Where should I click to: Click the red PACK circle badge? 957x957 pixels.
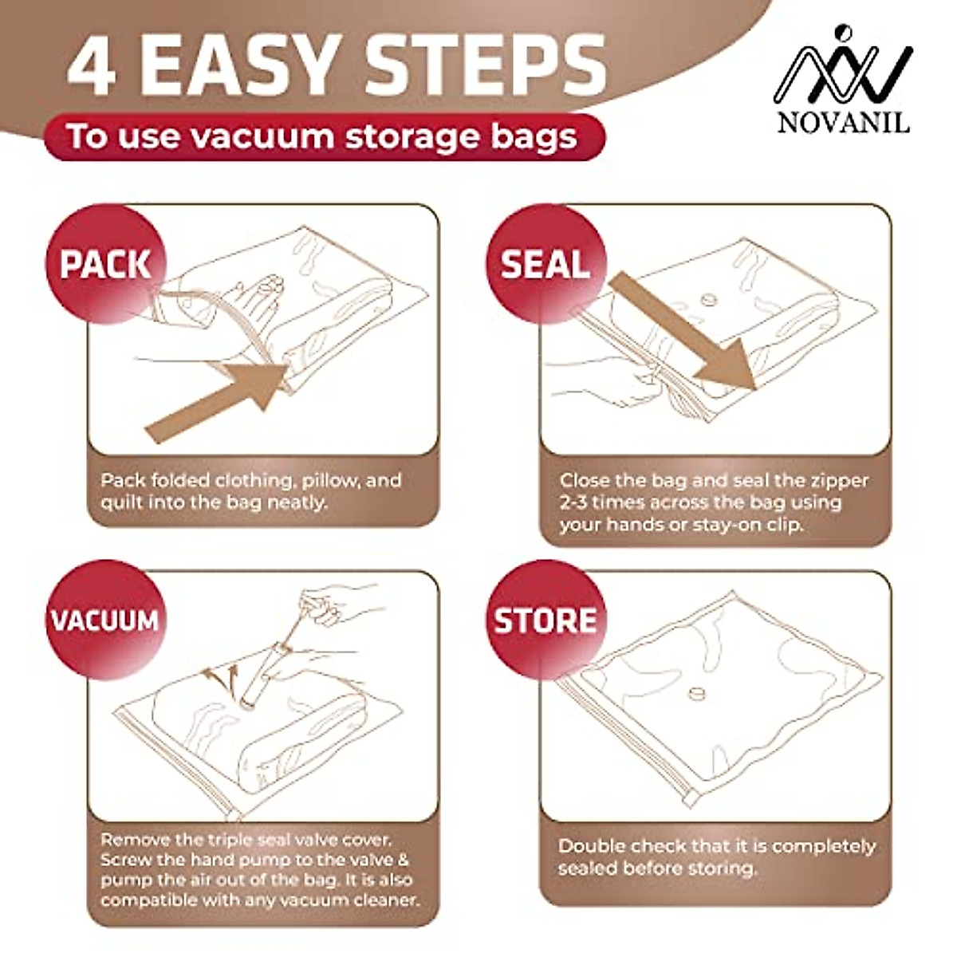[106, 264]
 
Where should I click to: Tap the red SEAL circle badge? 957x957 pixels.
[545, 264]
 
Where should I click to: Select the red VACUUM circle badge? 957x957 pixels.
[106, 620]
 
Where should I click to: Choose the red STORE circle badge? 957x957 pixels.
[545, 620]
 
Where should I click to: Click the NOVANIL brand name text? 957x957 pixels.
[843, 122]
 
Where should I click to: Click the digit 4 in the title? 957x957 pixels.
[92, 65]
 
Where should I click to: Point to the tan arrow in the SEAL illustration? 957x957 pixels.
[683, 331]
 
